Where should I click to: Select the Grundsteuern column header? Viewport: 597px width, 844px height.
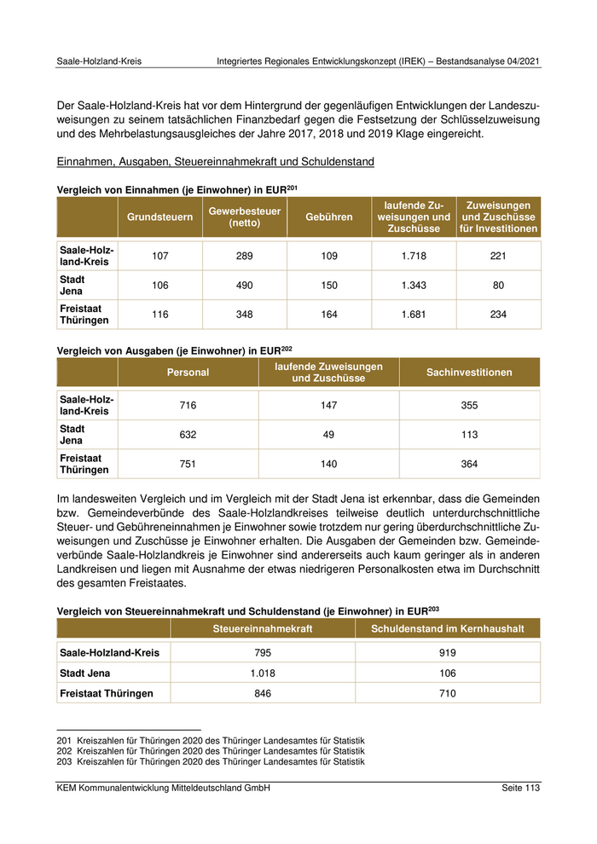[160, 217]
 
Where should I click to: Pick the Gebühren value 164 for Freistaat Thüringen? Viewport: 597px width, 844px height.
[328, 315]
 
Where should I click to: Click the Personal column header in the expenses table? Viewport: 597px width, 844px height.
[188, 373]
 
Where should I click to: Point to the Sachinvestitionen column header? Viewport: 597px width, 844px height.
[469, 373]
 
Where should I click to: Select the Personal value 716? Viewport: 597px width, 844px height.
[188, 405]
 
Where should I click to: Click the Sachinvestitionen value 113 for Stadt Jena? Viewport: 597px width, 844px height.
[469, 435]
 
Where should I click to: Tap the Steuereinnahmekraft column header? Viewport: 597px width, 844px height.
[263, 629]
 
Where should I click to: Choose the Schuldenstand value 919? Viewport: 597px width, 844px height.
[448, 653]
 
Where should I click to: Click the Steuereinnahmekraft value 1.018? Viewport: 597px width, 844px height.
[263, 673]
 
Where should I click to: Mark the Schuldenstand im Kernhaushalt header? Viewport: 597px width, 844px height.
[448, 629]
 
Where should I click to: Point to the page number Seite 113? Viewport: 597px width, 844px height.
[520, 789]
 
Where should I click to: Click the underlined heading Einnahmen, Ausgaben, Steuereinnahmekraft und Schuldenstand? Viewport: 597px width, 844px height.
[215, 162]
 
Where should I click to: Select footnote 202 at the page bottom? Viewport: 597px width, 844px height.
[210, 751]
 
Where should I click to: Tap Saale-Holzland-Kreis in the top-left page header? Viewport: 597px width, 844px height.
[99, 62]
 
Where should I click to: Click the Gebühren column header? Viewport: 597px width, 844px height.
[328, 217]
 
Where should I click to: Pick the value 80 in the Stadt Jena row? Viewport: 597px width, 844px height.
[499, 285]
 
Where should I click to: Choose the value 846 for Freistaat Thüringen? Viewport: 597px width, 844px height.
[263, 693]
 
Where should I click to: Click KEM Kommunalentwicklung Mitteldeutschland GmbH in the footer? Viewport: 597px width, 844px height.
[163, 789]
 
